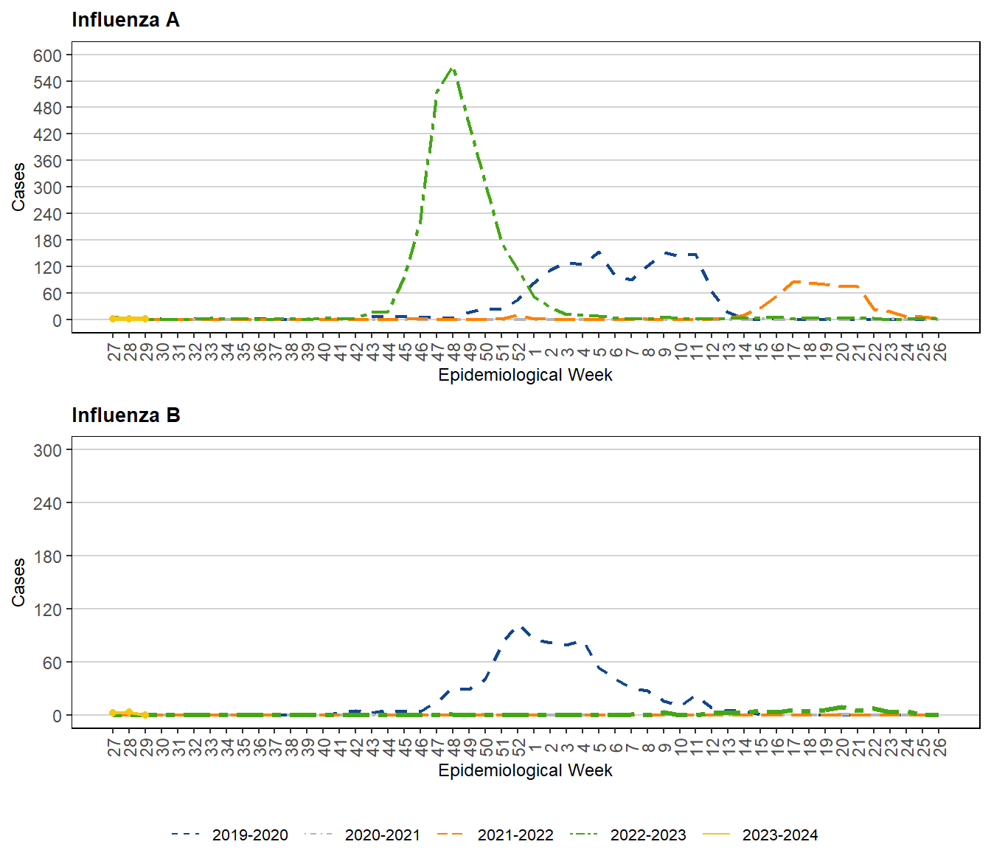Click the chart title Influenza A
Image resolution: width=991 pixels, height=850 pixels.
coord(125,20)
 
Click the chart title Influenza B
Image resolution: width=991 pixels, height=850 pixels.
coord(125,415)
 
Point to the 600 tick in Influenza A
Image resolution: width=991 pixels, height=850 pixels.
coord(47,55)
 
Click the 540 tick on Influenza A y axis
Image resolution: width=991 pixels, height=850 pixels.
coord(47,82)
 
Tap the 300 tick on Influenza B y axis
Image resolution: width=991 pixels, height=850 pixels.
coord(47,450)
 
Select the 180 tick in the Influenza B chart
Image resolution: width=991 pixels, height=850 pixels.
coord(47,556)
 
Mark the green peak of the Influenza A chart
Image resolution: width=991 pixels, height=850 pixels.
coord(453,69)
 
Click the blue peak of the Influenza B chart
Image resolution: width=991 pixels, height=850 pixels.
coord(521,627)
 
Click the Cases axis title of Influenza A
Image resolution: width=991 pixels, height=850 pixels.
coord(18,187)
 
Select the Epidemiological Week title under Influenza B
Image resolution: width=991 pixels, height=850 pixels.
coord(525,770)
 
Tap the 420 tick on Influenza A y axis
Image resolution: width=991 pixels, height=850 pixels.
coord(47,135)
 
